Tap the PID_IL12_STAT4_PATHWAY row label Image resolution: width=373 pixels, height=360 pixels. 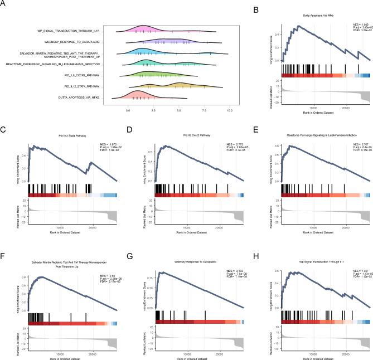pyautogui.click(x=79, y=87)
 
